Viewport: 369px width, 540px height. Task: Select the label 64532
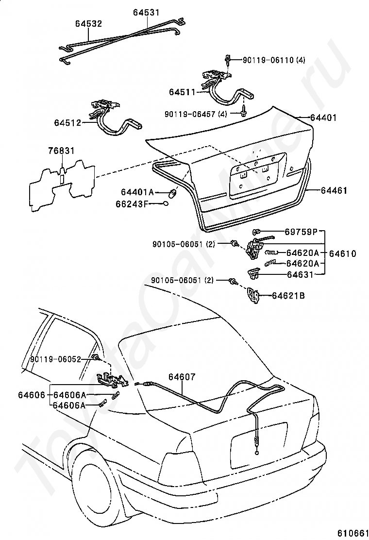click(88, 23)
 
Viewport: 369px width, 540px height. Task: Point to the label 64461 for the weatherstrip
click(334, 191)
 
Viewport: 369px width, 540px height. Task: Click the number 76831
click(61, 151)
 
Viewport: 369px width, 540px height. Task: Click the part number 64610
click(343, 253)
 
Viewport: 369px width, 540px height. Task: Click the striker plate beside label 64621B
click(252, 295)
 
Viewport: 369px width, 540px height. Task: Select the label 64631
click(300, 275)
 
